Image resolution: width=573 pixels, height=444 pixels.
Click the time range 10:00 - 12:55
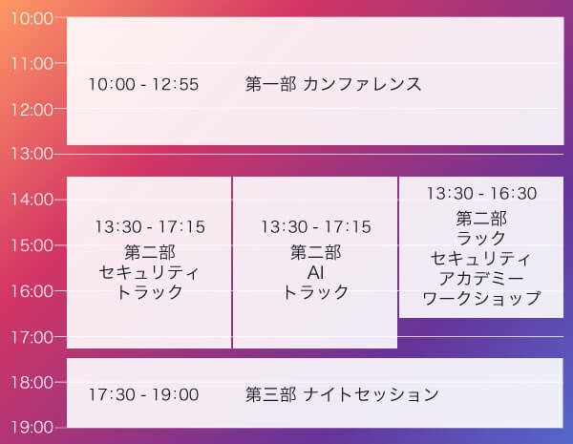143,85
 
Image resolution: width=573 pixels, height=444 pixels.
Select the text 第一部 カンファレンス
333,84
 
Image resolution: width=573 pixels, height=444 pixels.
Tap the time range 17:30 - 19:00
143,394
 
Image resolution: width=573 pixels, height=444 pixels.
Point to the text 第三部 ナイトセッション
342,394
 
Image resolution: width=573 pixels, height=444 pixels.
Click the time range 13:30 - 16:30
481,194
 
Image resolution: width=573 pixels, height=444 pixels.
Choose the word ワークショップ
481,299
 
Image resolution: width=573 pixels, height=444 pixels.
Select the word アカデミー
481,279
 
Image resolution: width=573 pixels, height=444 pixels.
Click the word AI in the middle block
315,272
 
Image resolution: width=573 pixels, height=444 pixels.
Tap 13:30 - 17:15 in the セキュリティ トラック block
150,227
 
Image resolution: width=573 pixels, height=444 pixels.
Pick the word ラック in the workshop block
481,238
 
